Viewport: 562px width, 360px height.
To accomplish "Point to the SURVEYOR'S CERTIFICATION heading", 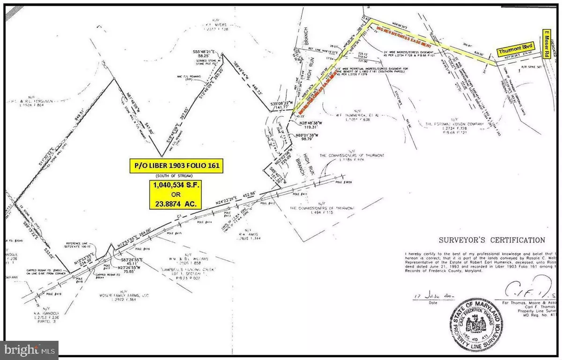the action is click(x=491, y=240).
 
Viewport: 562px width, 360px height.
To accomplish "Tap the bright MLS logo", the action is click(x=30, y=349).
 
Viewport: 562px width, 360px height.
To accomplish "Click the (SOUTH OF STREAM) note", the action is click(x=175, y=177).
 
